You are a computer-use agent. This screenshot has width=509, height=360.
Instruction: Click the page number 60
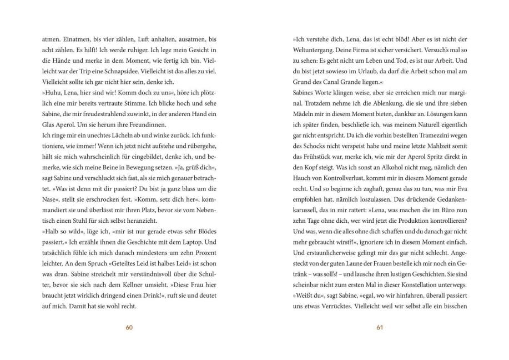click(x=129, y=327)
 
